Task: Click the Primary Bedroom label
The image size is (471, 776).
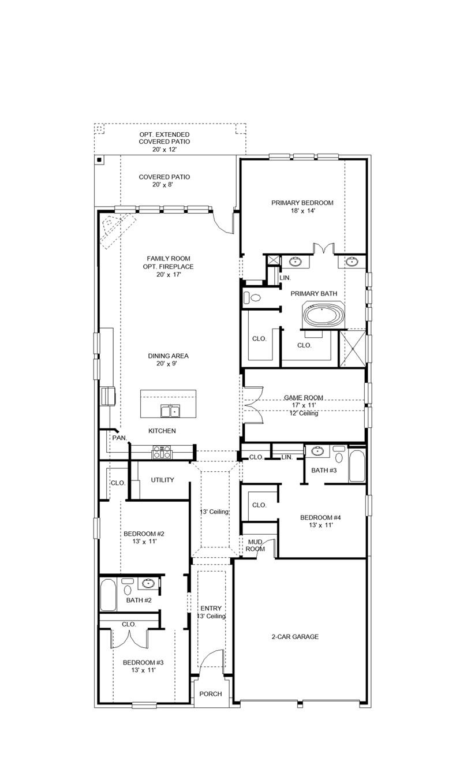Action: tap(302, 203)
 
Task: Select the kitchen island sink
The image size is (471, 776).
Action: tap(170, 411)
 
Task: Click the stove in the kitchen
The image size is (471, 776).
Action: tap(162, 452)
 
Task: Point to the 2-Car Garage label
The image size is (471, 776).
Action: tap(295, 637)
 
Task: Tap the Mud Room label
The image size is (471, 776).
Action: tap(256, 545)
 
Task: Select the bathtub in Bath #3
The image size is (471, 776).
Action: tap(357, 466)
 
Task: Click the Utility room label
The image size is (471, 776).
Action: tap(162, 480)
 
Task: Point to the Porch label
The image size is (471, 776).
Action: tap(211, 693)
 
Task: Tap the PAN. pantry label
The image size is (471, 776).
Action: tap(119, 438)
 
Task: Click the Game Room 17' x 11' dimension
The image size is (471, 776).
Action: tap(304, 405)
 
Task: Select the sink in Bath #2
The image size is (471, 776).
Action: tap(148, 584)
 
